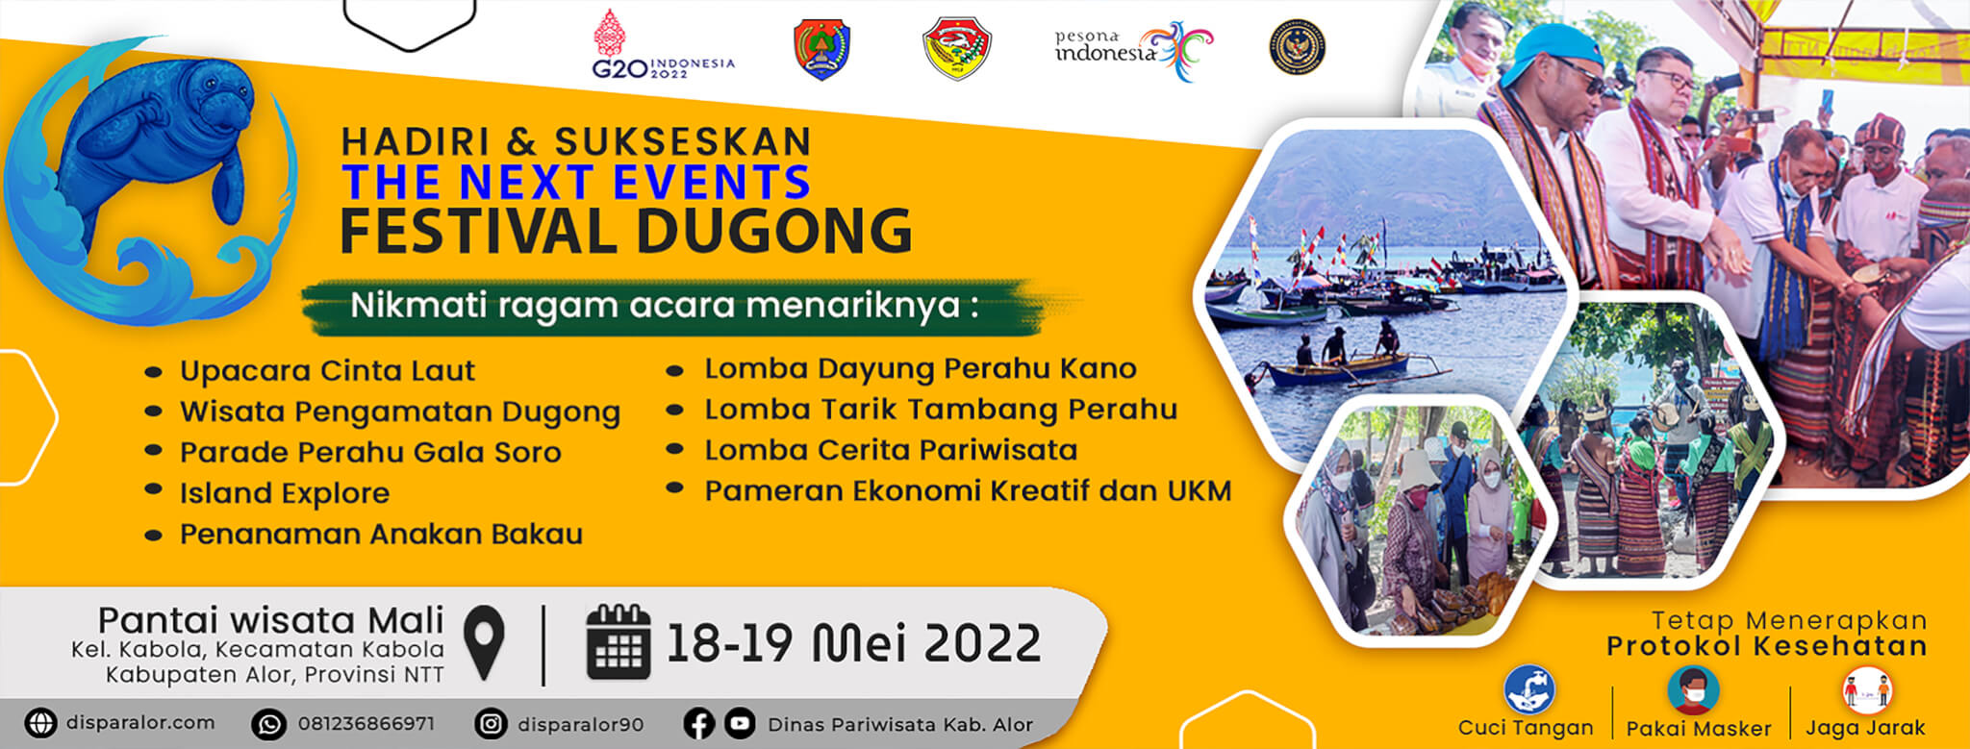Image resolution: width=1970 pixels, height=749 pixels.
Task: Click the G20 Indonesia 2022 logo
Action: pyautogui.click(x=662, y=47)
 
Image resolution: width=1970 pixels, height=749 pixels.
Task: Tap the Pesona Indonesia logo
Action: pyautogui.click(x=1133, y=48)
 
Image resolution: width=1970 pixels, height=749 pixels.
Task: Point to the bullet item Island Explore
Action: pyautogui.click(x=285, y=493)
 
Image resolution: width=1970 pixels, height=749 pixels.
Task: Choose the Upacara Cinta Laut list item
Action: pyautogui.click(x=327, y=371)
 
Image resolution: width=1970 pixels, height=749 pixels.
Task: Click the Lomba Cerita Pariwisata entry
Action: pyautogui.click(x=891, y=450)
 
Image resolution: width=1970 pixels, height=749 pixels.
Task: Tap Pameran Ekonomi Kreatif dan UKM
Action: pyautogui.click(x=968, y=490)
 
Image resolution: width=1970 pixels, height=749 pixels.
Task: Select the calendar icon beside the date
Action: pyautogui.click(x=619, y=642)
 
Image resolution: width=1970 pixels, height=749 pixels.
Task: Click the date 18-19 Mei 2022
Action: pyautogui.click(x=853, y=642)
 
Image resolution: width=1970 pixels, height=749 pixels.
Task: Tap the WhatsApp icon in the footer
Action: pyautogui.click(x=268, y=724)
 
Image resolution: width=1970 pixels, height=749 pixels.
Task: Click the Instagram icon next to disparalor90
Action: pyautogui.click(x=491, y=724)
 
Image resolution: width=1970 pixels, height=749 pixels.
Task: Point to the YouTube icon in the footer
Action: pyautogui.click(x=740, y=724)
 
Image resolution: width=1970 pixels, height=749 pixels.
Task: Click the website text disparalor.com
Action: pyautogui.click(x=140, y=723)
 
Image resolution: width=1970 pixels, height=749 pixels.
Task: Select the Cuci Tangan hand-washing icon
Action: pyautogui.click(x=1529, y=690)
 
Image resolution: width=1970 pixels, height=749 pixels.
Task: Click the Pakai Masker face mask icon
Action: pyautogui.click(x=1694, y=690)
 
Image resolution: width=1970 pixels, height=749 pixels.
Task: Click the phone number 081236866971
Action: pyautogui.click(x=366, y=724)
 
